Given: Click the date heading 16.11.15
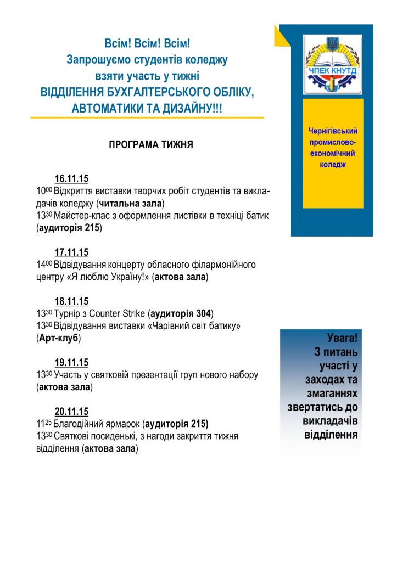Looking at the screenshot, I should click(x=71, y=179).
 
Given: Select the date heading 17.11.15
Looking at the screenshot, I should click(x=71, y=252).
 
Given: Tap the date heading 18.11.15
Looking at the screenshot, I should click(x=71, y=301).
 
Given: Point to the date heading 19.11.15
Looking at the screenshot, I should click(x=71, y=363).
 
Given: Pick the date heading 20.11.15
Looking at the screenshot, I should click(x=71, y=412).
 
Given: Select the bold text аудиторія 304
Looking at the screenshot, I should click(x=181, y=314).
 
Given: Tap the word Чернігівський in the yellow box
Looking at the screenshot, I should click(x=333, y=131).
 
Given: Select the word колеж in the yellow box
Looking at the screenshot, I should click(x=333, y=165).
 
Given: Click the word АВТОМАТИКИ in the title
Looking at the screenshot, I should click(x=113, y=108).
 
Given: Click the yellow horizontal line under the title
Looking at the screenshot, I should click(x=147, y=117).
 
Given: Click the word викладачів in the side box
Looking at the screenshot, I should click(x=330, y=421).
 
